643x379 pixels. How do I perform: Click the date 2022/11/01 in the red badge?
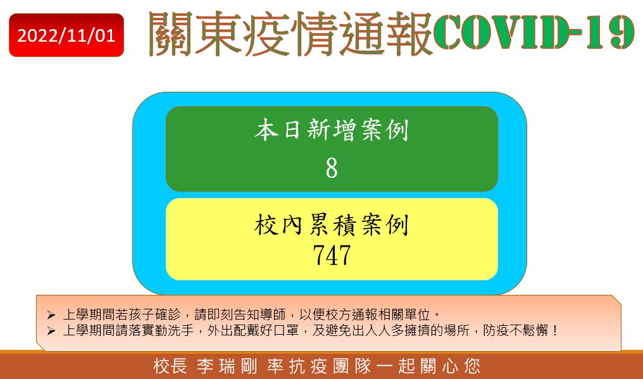point(66,35)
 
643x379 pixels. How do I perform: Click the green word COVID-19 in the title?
point(534,32)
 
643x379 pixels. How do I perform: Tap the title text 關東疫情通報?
point(290,34)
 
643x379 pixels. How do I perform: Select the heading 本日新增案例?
point(332,130)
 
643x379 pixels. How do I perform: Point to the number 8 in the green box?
point(332,168)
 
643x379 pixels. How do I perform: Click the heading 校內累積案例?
point(332,225)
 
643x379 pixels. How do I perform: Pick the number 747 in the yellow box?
point(332,255)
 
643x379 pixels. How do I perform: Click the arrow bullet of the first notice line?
point(51,315)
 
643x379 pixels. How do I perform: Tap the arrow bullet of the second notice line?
point(51,330)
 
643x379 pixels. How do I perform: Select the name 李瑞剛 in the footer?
point(227,366)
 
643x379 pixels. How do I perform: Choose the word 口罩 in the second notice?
point(286,330)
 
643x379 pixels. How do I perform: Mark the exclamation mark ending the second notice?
point(555,330)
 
